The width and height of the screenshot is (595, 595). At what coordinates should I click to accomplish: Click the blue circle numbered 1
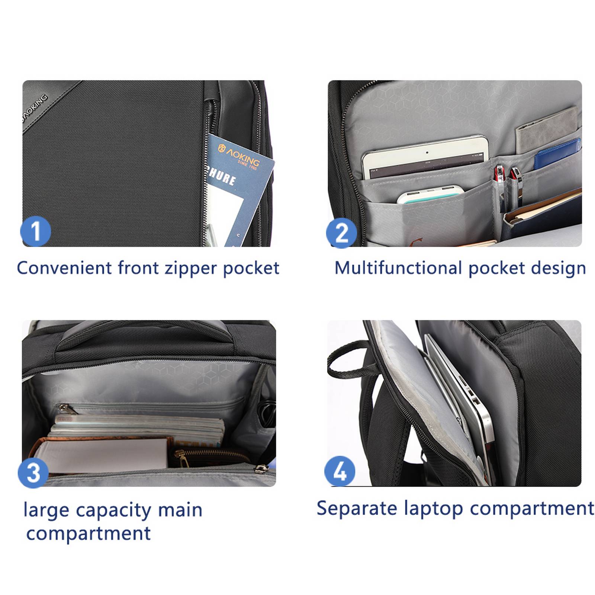pos(35,231)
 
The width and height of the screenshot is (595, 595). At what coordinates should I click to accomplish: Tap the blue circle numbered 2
pos(341,233)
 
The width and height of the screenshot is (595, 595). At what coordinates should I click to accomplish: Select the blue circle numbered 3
pos(33,473)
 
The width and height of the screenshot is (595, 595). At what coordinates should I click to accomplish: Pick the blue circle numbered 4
pos(340,471)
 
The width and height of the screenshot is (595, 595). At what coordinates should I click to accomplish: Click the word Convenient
pos(64,268)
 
